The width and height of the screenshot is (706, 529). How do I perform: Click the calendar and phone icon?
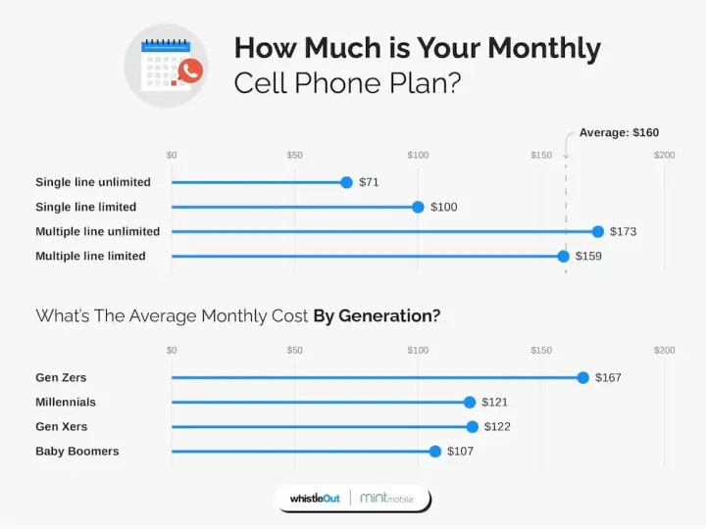166,66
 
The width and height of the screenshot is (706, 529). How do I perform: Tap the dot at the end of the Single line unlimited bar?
346,182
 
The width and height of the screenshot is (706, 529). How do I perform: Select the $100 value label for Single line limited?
442,207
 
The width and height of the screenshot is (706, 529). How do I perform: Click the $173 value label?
623,231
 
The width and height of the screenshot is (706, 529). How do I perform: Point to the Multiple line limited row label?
90,256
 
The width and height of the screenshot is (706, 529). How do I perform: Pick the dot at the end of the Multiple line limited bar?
563,256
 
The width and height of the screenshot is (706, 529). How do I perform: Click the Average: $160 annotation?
619,132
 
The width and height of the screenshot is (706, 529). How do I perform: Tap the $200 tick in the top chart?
665,155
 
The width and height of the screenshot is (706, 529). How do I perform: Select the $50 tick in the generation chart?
294,350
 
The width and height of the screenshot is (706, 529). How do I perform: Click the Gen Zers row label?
61,377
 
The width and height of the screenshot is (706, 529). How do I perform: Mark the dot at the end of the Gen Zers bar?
582,377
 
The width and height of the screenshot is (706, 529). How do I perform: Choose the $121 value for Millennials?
494,402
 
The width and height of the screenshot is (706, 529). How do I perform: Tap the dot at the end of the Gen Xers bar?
472,426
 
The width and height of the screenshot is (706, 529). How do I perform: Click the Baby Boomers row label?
77,451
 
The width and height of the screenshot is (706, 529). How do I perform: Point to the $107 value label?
461,451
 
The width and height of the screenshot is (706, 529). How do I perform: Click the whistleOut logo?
315,499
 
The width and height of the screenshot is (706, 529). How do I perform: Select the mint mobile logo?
386,499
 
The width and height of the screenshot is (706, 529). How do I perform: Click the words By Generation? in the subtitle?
377,315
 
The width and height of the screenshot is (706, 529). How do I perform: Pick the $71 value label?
369,182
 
